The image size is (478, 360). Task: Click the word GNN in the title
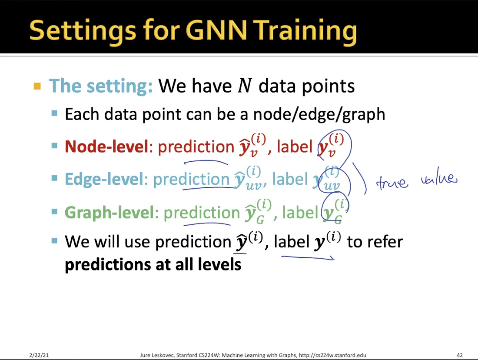point(216,30)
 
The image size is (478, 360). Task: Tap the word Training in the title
point(306,32)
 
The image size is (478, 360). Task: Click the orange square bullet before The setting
point(37,86)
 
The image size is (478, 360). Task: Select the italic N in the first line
point(245,86)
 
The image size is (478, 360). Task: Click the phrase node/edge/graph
point(319,115)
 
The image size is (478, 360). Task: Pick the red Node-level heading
point(106,147)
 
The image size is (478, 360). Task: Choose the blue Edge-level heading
point(104,179)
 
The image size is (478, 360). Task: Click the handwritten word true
point(392,183)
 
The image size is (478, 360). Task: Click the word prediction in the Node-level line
point(196,147)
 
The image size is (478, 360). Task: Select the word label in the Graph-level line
point(300,212)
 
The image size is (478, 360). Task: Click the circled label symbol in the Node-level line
point(331,145)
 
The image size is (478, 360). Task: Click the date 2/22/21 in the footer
point(39,355)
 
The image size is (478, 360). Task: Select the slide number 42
point(460,355)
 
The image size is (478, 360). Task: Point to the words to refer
point(375,242)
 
